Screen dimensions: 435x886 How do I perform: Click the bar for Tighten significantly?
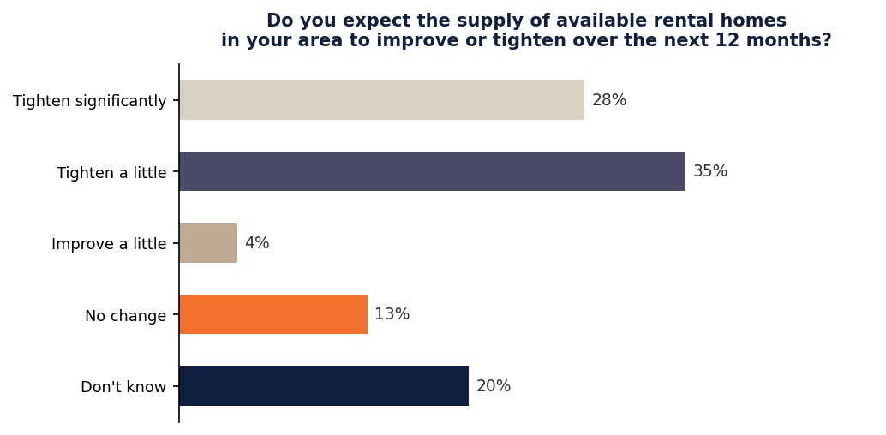tap(381, 100)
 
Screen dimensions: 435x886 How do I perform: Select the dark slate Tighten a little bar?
tap(432, 171)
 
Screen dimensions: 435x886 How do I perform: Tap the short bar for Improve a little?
tap(208, 243)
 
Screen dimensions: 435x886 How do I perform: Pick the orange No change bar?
tap(273, 314)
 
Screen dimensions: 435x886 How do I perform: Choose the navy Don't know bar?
tap(324, 386)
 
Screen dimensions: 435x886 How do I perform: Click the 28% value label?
tap(609, 100)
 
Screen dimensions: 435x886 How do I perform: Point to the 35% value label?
tap(710, 171)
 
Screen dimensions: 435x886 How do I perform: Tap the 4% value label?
tap(257, 243)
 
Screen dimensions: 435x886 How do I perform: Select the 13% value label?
tap(392, 314)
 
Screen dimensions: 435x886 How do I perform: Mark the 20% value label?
tap(494, 386)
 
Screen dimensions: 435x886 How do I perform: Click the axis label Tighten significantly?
tap(89, 101)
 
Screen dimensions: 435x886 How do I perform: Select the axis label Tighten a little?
tap(111, 173)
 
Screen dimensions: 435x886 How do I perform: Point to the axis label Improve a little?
tap(109, 244)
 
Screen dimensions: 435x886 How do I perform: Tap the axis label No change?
tap(125, 316)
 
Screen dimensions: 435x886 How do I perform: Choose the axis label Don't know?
tap(123, 387)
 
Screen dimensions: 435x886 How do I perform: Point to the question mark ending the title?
tap(826, 40)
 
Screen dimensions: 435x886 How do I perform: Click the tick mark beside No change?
tap(176, 314)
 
